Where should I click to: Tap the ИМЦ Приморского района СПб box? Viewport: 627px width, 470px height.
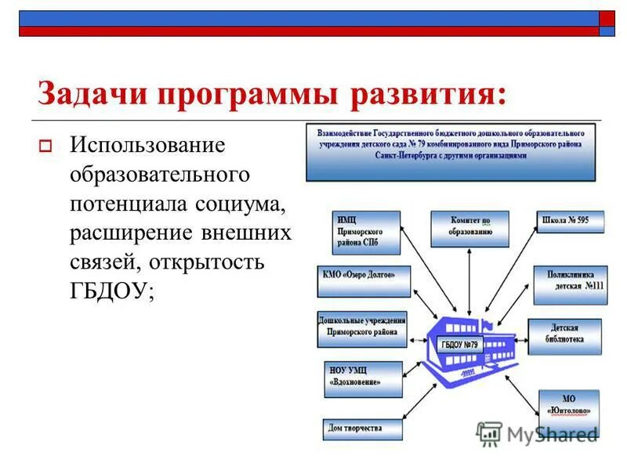(x=365, y=232)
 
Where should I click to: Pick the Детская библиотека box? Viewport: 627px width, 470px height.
(x=564, y=335)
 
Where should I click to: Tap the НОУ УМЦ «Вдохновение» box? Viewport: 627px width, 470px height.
(x=362, y=378)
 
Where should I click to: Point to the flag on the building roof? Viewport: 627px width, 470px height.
(x=487, y=323)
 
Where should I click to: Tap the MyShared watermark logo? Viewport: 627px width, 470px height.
(x=537, y=433)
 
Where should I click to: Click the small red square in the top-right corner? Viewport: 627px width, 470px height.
(x=608, y=19)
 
